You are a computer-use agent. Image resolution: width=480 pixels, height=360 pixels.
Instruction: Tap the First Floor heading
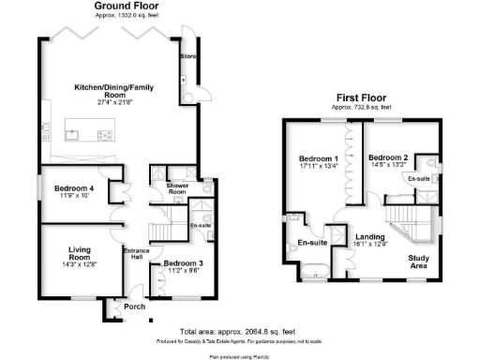[363, 97]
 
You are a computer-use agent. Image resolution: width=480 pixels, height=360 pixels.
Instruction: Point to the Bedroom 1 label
[318, 158]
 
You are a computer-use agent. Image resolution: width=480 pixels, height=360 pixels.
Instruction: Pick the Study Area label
[417, 262]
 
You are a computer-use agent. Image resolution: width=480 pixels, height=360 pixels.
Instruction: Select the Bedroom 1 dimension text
[318, 168]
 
